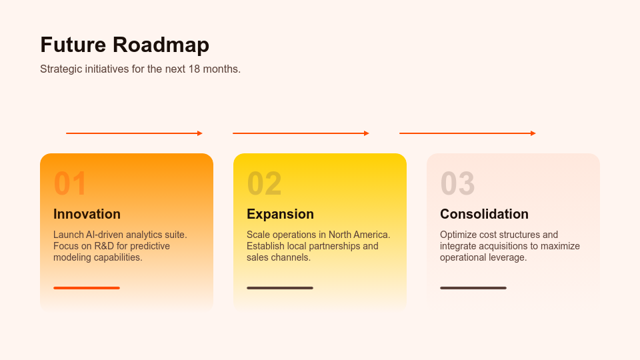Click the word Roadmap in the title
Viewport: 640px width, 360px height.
point(161,45)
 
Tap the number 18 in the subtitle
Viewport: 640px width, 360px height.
point(194,69)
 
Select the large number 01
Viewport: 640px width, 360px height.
point(70,183)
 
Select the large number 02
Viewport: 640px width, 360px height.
point(264,183)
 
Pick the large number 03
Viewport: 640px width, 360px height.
point(457,183)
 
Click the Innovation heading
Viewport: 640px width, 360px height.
point(87,214)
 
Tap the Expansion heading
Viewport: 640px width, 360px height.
point(281,214)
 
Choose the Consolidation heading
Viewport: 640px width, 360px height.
point(484,214)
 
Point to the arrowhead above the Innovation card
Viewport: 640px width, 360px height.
point(200,133)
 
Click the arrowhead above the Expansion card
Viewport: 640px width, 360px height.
point(367,133)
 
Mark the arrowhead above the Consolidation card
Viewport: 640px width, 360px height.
point(533,133)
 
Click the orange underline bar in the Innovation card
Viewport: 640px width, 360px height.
point(87,288)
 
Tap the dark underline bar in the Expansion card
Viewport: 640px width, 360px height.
point(280,288)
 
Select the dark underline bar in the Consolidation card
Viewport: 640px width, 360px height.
point(473,288)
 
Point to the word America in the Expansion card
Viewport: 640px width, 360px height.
point(373,235)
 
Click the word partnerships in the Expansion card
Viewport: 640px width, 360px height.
point(334,247)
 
